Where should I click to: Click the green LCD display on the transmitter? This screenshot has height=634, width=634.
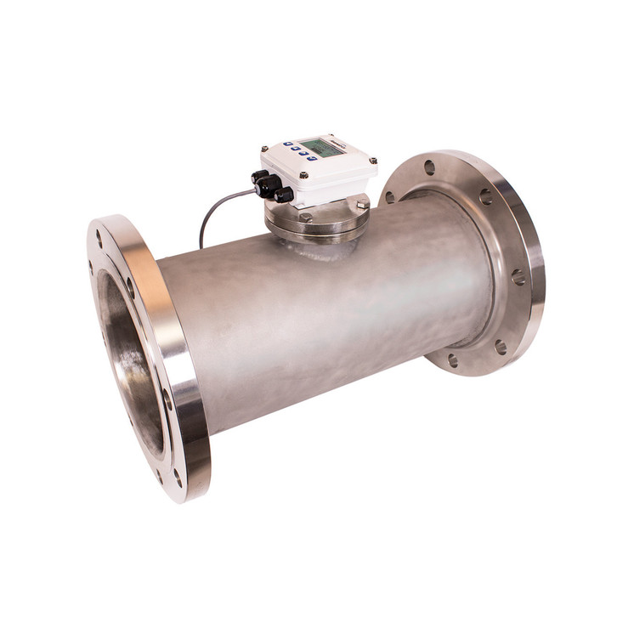coord(320,148)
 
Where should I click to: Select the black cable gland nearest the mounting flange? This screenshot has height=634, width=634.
coord(284,195)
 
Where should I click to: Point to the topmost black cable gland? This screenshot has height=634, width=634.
coord(258,177)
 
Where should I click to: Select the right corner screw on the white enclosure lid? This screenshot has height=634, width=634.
coord(372,159)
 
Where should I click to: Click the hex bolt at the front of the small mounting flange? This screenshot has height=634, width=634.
coord(305,218)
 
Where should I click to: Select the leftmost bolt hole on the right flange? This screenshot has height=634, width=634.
coord(390,197)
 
